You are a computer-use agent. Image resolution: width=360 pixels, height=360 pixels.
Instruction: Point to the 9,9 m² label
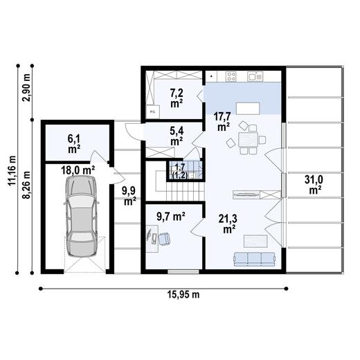(x=129, y=196)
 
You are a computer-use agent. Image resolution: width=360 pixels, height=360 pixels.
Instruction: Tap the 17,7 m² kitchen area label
(x=223, y=121)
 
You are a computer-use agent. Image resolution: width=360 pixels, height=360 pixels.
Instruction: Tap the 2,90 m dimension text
(x=26, y=87)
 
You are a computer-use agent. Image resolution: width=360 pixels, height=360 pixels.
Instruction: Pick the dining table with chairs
(x=247, y=140)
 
